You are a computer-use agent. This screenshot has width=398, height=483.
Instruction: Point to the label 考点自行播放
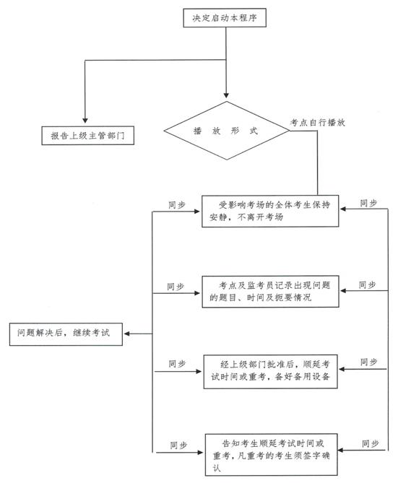click(x=318, y=123)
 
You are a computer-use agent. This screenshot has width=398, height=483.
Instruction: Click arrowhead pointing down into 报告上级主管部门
click(x=85, y=120)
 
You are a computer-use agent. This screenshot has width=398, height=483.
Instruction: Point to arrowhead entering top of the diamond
click(x=226, y=95)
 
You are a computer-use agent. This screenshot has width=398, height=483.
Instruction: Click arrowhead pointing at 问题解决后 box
click(x=126, y=334)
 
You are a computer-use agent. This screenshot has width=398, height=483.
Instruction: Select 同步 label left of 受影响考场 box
click(x=177, y=205)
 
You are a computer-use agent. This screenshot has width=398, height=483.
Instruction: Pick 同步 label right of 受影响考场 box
click(x=368, y=204)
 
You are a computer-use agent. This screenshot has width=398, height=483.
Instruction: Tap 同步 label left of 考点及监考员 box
click(x=176, y=287)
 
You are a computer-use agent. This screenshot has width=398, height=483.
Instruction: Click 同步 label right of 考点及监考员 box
click(x=368, y=285)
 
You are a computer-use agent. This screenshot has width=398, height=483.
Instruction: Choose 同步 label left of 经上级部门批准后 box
click(x=177, y=364)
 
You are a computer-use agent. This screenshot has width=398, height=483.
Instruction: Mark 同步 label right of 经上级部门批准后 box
click(x=369, y=362)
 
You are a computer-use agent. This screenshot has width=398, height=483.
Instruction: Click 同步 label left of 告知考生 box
click(x=179, y=445)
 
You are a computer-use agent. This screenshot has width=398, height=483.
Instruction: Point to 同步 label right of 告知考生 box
click(x=371, y=443)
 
